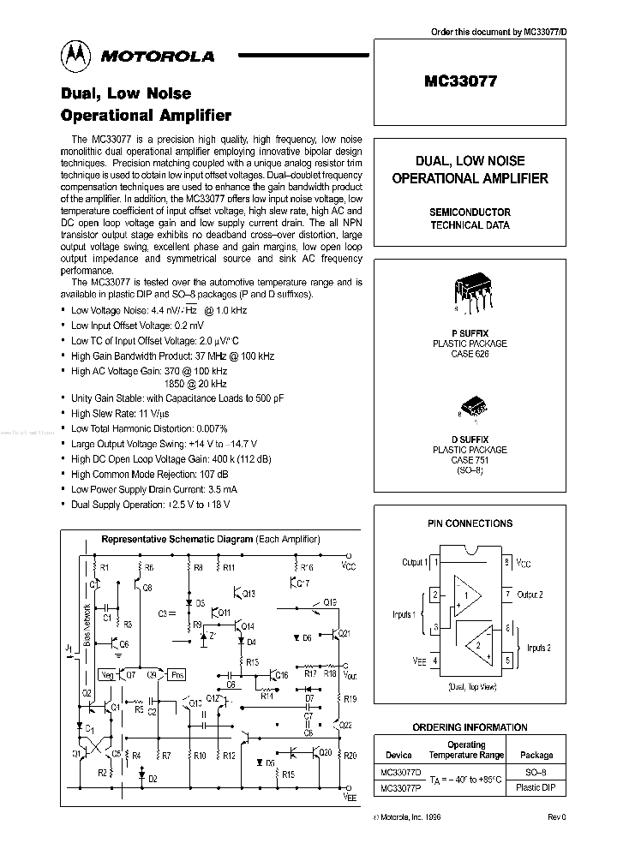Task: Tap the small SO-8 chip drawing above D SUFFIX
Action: (x=471, y=405)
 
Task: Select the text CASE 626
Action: (x=470, y=354)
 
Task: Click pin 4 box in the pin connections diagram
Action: (x=435, y=661)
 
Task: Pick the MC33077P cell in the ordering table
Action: (x=397, y=787)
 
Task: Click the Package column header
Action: (x=536, y=756)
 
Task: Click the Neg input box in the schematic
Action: (x=107, y=673)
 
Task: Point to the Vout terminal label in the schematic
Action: (x=349, y=674)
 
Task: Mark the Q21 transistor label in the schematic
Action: (x=344, y=633)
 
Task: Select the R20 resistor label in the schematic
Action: (x=349, y=756)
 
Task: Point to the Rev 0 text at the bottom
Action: (x=556, y=817)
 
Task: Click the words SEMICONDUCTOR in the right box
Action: (x=470, y=212)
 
